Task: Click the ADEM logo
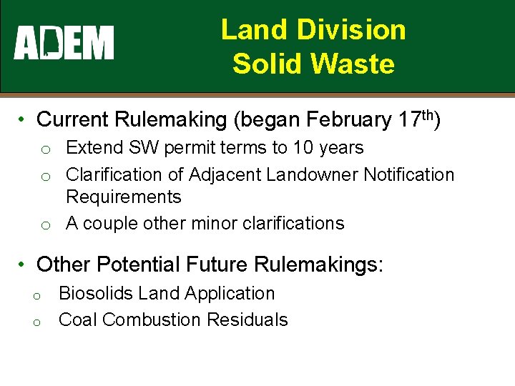(x=64, y=43)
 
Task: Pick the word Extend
(x=94, y=148)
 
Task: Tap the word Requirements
(x=124, y=197)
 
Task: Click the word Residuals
(x=247, y=320)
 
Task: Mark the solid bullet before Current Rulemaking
(x=24, y=119)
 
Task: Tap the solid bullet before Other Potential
(x=24, y=264)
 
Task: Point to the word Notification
(x=409, y=174)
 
